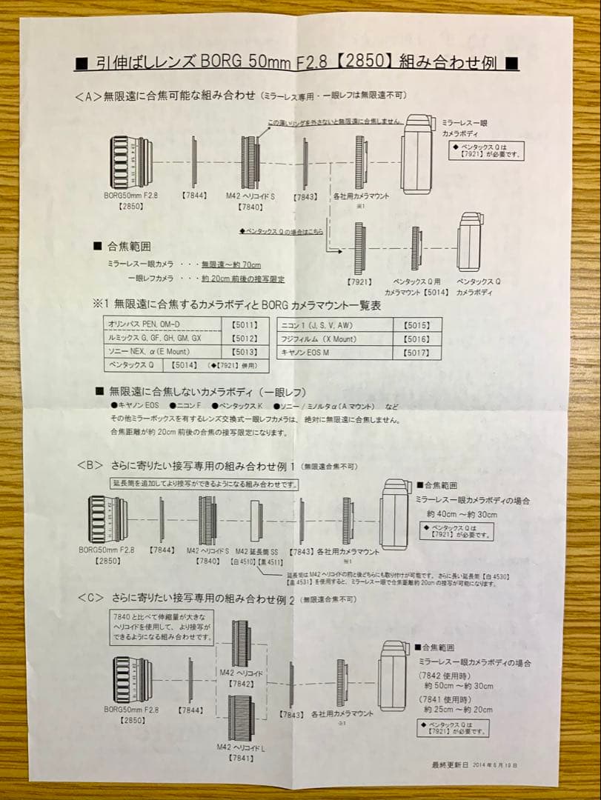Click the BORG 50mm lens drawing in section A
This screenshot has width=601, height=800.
point(132,162)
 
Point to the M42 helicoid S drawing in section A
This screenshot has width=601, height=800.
point(250,162)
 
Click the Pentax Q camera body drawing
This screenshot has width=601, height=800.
point(472,243)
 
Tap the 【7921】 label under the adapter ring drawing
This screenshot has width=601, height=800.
point(360,282)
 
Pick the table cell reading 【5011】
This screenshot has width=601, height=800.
point(245,324)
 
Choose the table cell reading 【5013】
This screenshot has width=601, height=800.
point(245,351)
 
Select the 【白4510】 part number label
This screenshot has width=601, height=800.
point(244,561)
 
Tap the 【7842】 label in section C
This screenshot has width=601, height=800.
point(242,684)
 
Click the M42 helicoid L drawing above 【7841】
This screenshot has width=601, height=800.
point(241,718)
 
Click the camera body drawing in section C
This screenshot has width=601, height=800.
point(393,676)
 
